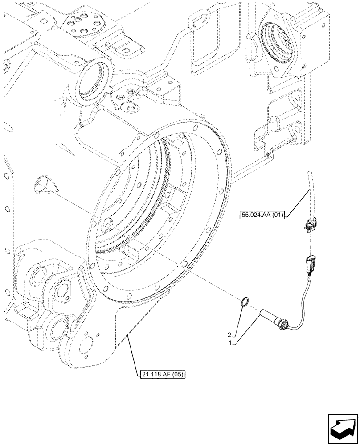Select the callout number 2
(x=230, y=334)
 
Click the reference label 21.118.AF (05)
(x=161, y=374)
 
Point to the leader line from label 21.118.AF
(x=132, y=354)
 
